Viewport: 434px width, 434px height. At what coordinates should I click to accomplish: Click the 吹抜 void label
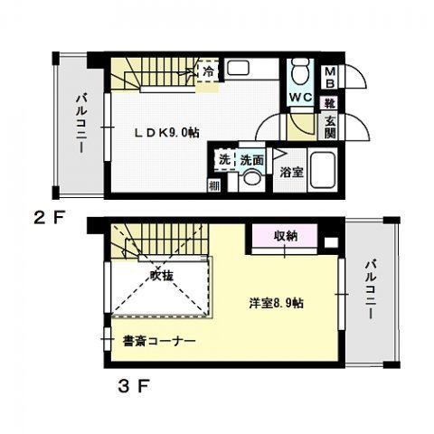pos(162,274)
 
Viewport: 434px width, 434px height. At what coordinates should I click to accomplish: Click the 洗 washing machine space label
pos(223,159)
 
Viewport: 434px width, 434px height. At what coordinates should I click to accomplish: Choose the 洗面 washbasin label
pos(251,159)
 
